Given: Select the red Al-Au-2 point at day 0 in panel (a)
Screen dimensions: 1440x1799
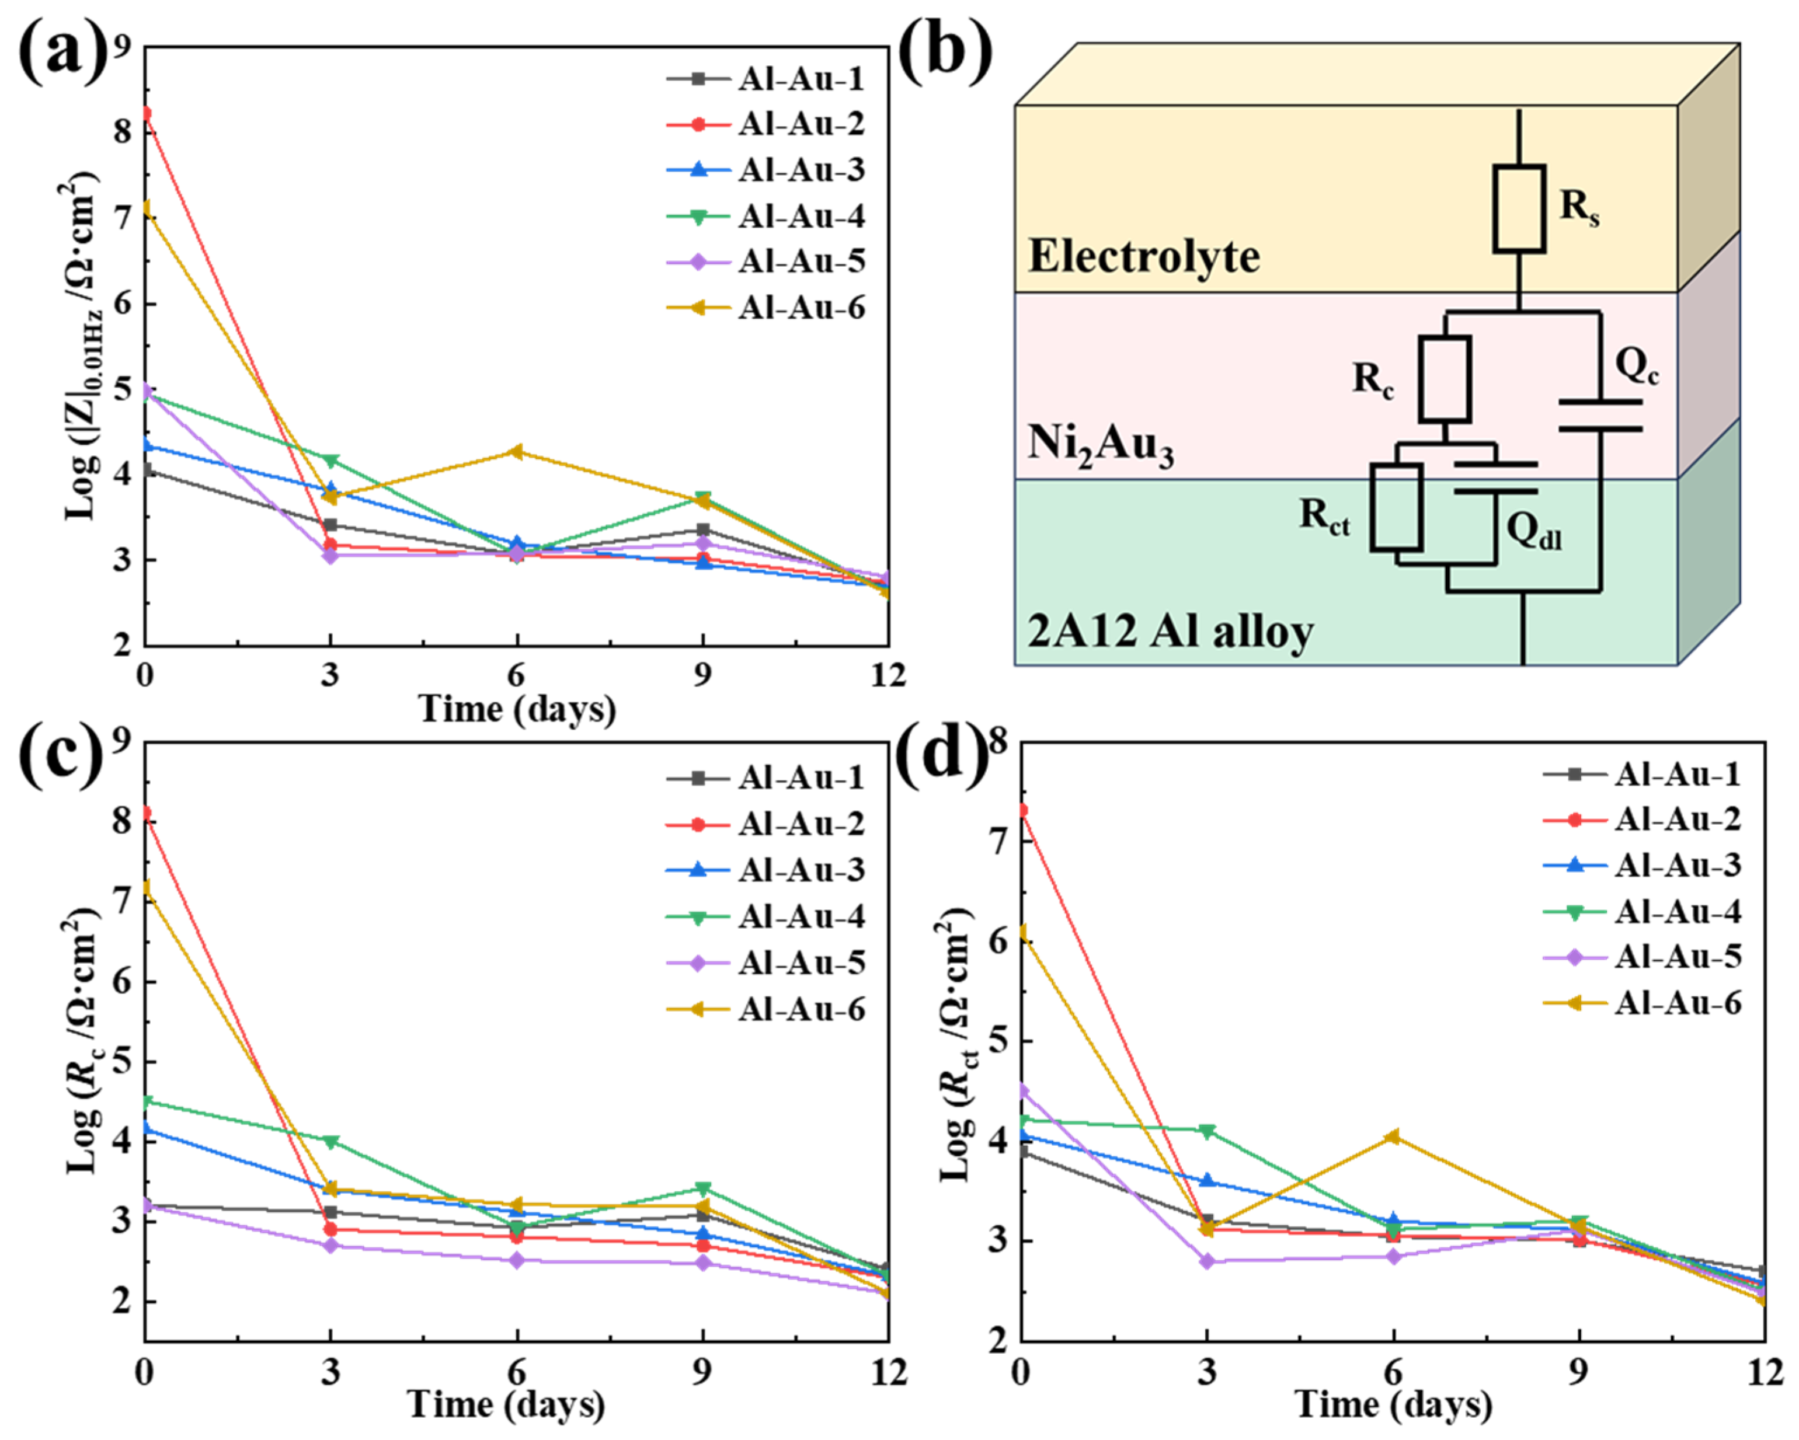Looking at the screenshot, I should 145,113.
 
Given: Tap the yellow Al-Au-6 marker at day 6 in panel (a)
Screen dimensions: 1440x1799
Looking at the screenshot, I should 517,451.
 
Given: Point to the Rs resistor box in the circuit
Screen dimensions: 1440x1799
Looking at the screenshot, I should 1519,208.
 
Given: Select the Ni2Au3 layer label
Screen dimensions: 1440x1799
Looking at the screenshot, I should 1099,444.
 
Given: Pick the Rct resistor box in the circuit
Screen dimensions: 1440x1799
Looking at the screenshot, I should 1397,507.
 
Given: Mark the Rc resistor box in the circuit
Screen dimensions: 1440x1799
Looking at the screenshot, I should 1445,379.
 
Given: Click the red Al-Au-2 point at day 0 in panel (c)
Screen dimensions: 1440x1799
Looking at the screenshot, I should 145,813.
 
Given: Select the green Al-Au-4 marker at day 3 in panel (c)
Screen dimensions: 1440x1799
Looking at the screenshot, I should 331,1141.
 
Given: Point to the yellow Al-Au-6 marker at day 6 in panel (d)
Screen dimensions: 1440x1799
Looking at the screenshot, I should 1393,1136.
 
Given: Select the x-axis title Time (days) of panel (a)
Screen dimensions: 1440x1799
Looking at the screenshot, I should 517,709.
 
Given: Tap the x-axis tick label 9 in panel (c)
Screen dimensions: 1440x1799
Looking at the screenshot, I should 702,1372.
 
